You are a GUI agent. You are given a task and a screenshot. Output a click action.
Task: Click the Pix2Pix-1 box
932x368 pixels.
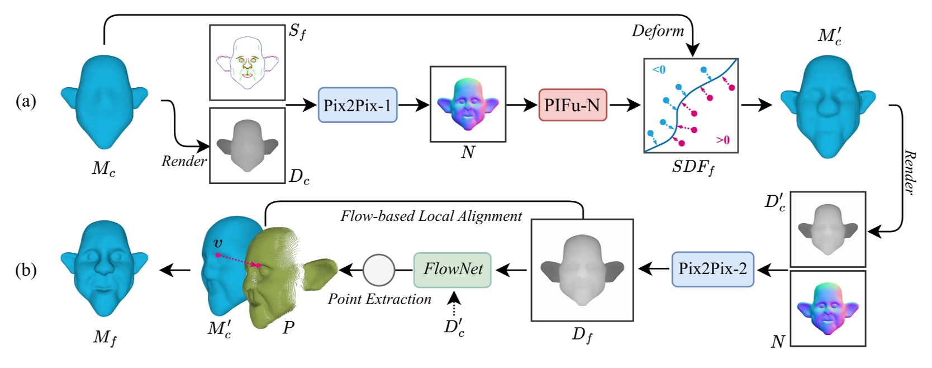pyautogui.click(x=358, y=105)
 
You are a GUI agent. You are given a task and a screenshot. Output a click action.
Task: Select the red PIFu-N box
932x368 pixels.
pyautogui.click(x=572, y=105)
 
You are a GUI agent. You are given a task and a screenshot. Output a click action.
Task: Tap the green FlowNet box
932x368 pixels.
pyautogui.click(x=453, y=270)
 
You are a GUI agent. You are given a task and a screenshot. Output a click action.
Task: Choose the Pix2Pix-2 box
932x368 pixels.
pyautogui.click(x=712, y=269)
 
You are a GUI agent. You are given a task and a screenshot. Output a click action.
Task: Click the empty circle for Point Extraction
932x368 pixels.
pyautogui.click(x=379, y=270)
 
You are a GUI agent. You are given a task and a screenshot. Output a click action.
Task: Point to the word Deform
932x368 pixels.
pyautogui.click(x=658, y=31)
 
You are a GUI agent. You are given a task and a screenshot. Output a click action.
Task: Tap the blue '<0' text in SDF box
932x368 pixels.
pyautogui.click(x=659, y=70)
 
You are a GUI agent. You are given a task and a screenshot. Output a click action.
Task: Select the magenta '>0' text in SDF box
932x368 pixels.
pyautogui.click(x=722, y=140)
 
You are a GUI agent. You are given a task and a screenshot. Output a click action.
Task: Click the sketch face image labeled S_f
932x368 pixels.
pyautogui.click(x=248, y=62)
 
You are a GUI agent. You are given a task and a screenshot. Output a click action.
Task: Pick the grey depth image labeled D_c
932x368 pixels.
pyautogui.click(x=248, y=145)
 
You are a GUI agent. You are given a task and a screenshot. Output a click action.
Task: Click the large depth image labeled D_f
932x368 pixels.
pyautogui.click(x=582, y=270)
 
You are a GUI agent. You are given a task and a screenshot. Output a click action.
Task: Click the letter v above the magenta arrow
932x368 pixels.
pyautogui.click(x=218, y=243)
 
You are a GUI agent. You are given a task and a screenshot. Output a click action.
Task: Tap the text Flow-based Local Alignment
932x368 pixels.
pyautogui.click(x=431, y=216)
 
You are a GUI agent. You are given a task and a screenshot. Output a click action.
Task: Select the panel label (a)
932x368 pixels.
pyautogui.click(x=26, y=101)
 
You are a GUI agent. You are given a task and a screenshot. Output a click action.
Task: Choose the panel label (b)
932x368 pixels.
pyautogui.click(x=26, y=270)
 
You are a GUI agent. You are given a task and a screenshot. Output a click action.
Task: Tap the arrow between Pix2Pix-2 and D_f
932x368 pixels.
pyautogui.click(x=653, y=270)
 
